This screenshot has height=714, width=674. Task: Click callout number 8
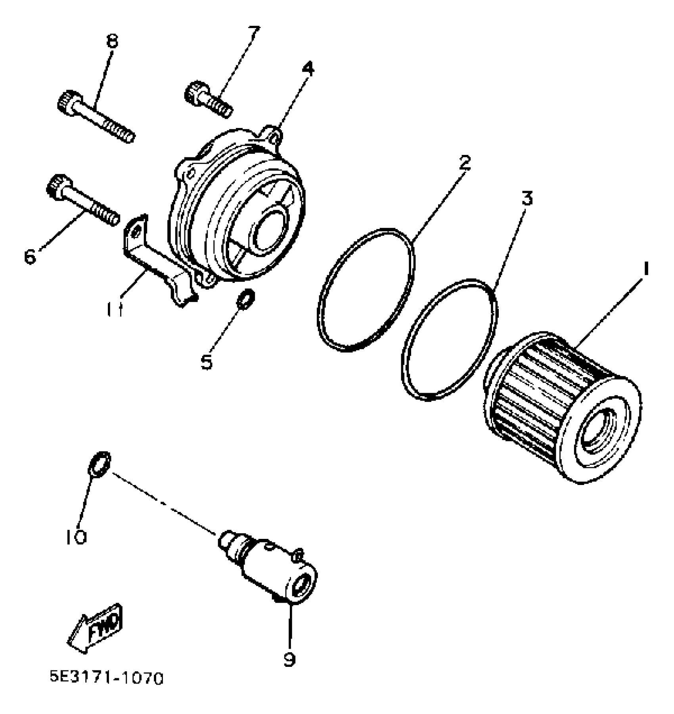113,41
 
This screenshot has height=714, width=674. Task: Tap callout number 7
254,32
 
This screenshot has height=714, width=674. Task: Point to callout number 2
464,162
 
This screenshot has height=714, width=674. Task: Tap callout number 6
30,256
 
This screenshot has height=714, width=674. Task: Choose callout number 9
290,659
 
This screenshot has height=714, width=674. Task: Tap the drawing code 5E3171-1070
106,689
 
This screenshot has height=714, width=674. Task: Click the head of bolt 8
70,103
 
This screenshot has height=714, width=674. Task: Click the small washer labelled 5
245,298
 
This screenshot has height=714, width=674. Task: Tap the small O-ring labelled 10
99,463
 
